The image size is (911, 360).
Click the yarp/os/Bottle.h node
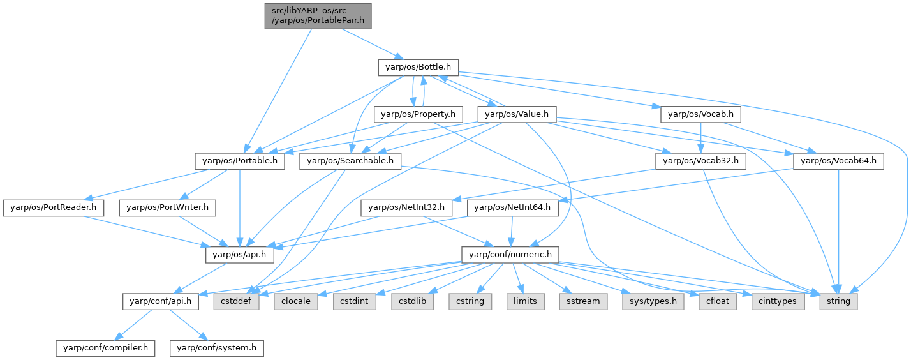point(418,66)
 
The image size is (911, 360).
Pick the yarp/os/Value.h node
point(517,114)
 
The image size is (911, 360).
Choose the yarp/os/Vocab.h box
point(700,114)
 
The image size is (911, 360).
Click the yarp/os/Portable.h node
point(241,161)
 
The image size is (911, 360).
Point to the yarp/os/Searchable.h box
point(350,161)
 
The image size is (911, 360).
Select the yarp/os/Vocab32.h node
point(700,161)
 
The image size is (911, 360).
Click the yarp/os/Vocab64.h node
point(838,161)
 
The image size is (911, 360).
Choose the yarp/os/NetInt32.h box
point(407,207)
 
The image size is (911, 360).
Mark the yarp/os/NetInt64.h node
point(513,207)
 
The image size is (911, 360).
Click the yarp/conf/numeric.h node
point(510,254)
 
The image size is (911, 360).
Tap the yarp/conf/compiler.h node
point(105,348)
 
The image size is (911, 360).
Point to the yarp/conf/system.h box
point(217,348)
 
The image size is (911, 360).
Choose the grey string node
point(838,301)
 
